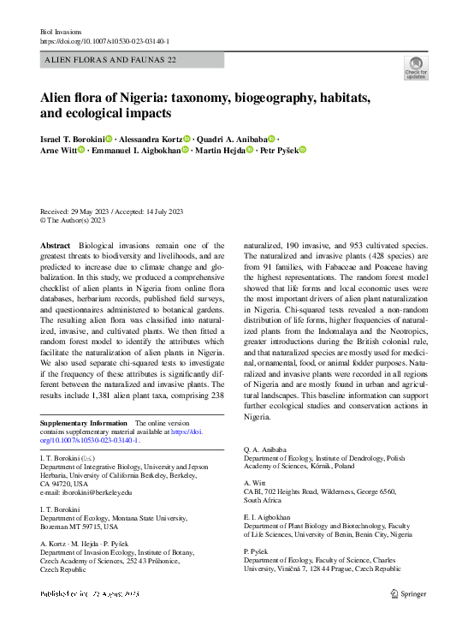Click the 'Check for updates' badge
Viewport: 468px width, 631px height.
(x=415, y=68)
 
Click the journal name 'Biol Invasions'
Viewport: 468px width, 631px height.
(x=62, y=31)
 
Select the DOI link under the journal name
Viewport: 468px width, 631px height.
(x=104, y=41)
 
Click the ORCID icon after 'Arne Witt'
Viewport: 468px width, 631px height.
(x=81, y=152)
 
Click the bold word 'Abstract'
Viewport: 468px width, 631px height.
(x=56, y=246)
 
